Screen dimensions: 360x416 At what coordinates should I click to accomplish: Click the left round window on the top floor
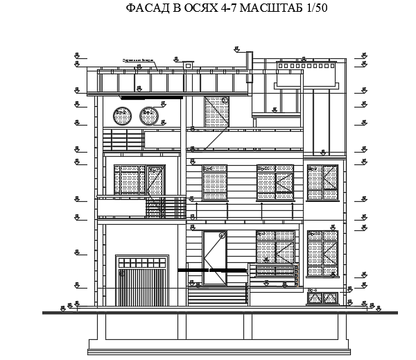(123, 114)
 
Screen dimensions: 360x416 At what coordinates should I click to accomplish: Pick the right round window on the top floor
(149, 114)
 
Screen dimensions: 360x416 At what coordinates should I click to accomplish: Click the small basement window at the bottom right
(322, 298)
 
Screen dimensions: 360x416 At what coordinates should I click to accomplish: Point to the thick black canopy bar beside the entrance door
(208, 269)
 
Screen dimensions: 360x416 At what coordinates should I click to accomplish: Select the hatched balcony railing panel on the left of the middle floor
(166, 208)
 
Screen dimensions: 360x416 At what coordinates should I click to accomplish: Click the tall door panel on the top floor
(217, 112)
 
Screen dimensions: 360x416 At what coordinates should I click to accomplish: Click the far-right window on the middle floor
(322, 182)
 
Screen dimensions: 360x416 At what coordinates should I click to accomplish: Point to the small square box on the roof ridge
(189, 65)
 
